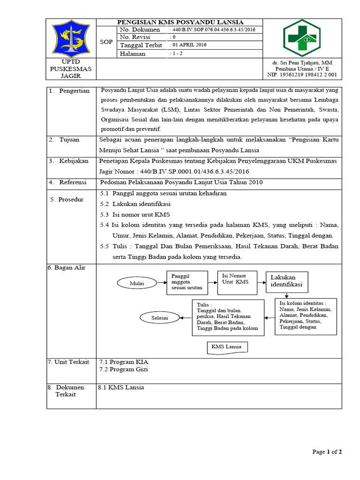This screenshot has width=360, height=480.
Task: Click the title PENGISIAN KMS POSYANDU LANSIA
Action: pyautogui.click(x=180, y=22)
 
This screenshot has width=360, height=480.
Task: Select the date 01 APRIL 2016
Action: pyautogui.click(x=190, y=45)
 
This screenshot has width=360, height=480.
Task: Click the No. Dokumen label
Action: pyautogui.click(x=140, y=30)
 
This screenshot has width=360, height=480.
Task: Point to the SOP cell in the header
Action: pyautogui.click(x=106, y=42)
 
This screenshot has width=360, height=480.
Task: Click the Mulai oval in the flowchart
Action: pyautogui.click(x=137, y=283)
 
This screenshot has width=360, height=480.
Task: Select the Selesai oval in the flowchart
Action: pyautogui.click(x=159, y=317)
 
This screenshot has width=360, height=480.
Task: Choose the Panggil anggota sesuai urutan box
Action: pyautogui.click(x=187, y=281)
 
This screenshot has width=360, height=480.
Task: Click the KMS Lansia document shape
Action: pyautogui.click(x=227, y=347)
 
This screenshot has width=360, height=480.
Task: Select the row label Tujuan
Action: pyautogui.click(x=69, y=140)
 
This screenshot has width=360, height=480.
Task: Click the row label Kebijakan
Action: pyautogui.click(x=73, y=161)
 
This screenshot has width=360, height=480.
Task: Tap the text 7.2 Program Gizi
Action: pyautogui.click(x=124, y=370)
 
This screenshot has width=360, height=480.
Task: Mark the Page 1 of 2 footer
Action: pyautogui.click(x=327, y=452)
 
